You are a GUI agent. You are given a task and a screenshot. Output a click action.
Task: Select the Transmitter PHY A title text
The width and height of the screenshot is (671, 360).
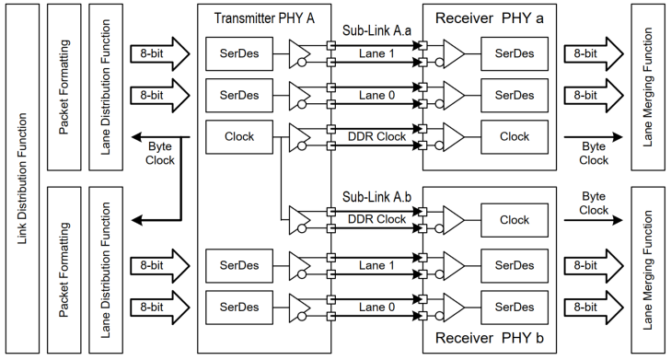pos(263,18)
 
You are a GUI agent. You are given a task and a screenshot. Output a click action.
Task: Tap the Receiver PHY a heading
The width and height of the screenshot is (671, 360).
pos(492,18)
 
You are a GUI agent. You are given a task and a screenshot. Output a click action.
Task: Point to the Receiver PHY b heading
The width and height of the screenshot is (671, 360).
pos(492,340)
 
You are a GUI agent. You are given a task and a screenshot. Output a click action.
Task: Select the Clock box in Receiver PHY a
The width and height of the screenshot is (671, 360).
pos(515,136)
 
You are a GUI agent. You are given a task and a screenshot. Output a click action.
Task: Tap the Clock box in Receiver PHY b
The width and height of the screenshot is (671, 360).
pos(515,221)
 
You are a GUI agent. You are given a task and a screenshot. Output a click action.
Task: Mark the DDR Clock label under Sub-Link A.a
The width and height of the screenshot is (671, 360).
pos(376,135)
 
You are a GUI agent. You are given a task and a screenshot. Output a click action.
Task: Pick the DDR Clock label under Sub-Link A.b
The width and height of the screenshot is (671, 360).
pos(376,218)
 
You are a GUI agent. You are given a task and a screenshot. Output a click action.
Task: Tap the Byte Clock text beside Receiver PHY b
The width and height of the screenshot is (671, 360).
pos(594,203)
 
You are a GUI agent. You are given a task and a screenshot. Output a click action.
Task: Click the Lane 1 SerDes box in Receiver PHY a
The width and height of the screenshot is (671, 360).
pos(515,53)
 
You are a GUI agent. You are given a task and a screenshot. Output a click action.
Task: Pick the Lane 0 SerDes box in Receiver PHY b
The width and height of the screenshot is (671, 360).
pos(515,305)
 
